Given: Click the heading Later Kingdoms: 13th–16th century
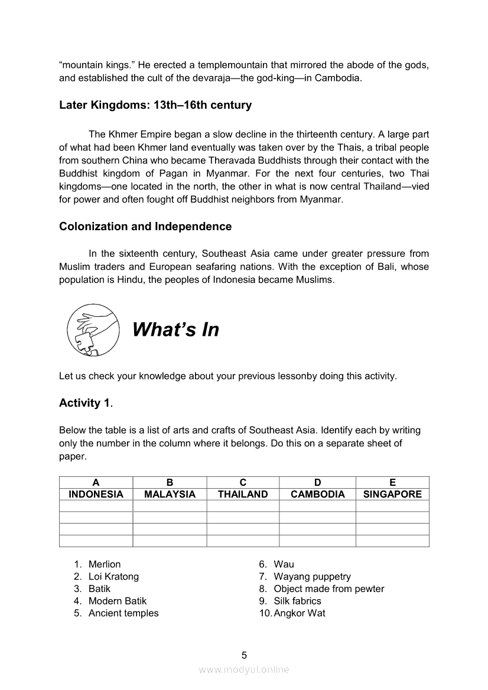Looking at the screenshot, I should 155,105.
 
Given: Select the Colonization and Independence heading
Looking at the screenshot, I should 145,227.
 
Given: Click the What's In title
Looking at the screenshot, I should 175,329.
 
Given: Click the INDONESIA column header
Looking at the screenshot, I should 96,495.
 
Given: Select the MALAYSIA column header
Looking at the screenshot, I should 170,495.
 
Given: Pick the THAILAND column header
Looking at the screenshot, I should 243,495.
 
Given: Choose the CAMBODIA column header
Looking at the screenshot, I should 318,495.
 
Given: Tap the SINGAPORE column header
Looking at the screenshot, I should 392,495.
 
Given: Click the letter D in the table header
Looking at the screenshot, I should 318,483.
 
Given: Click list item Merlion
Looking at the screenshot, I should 105,564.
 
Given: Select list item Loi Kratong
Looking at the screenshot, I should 113,577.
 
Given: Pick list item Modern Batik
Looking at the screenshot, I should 118,601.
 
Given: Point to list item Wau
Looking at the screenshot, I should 284,564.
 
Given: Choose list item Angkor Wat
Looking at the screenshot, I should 300,613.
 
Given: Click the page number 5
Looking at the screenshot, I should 244,655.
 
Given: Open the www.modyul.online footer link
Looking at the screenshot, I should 244,669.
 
